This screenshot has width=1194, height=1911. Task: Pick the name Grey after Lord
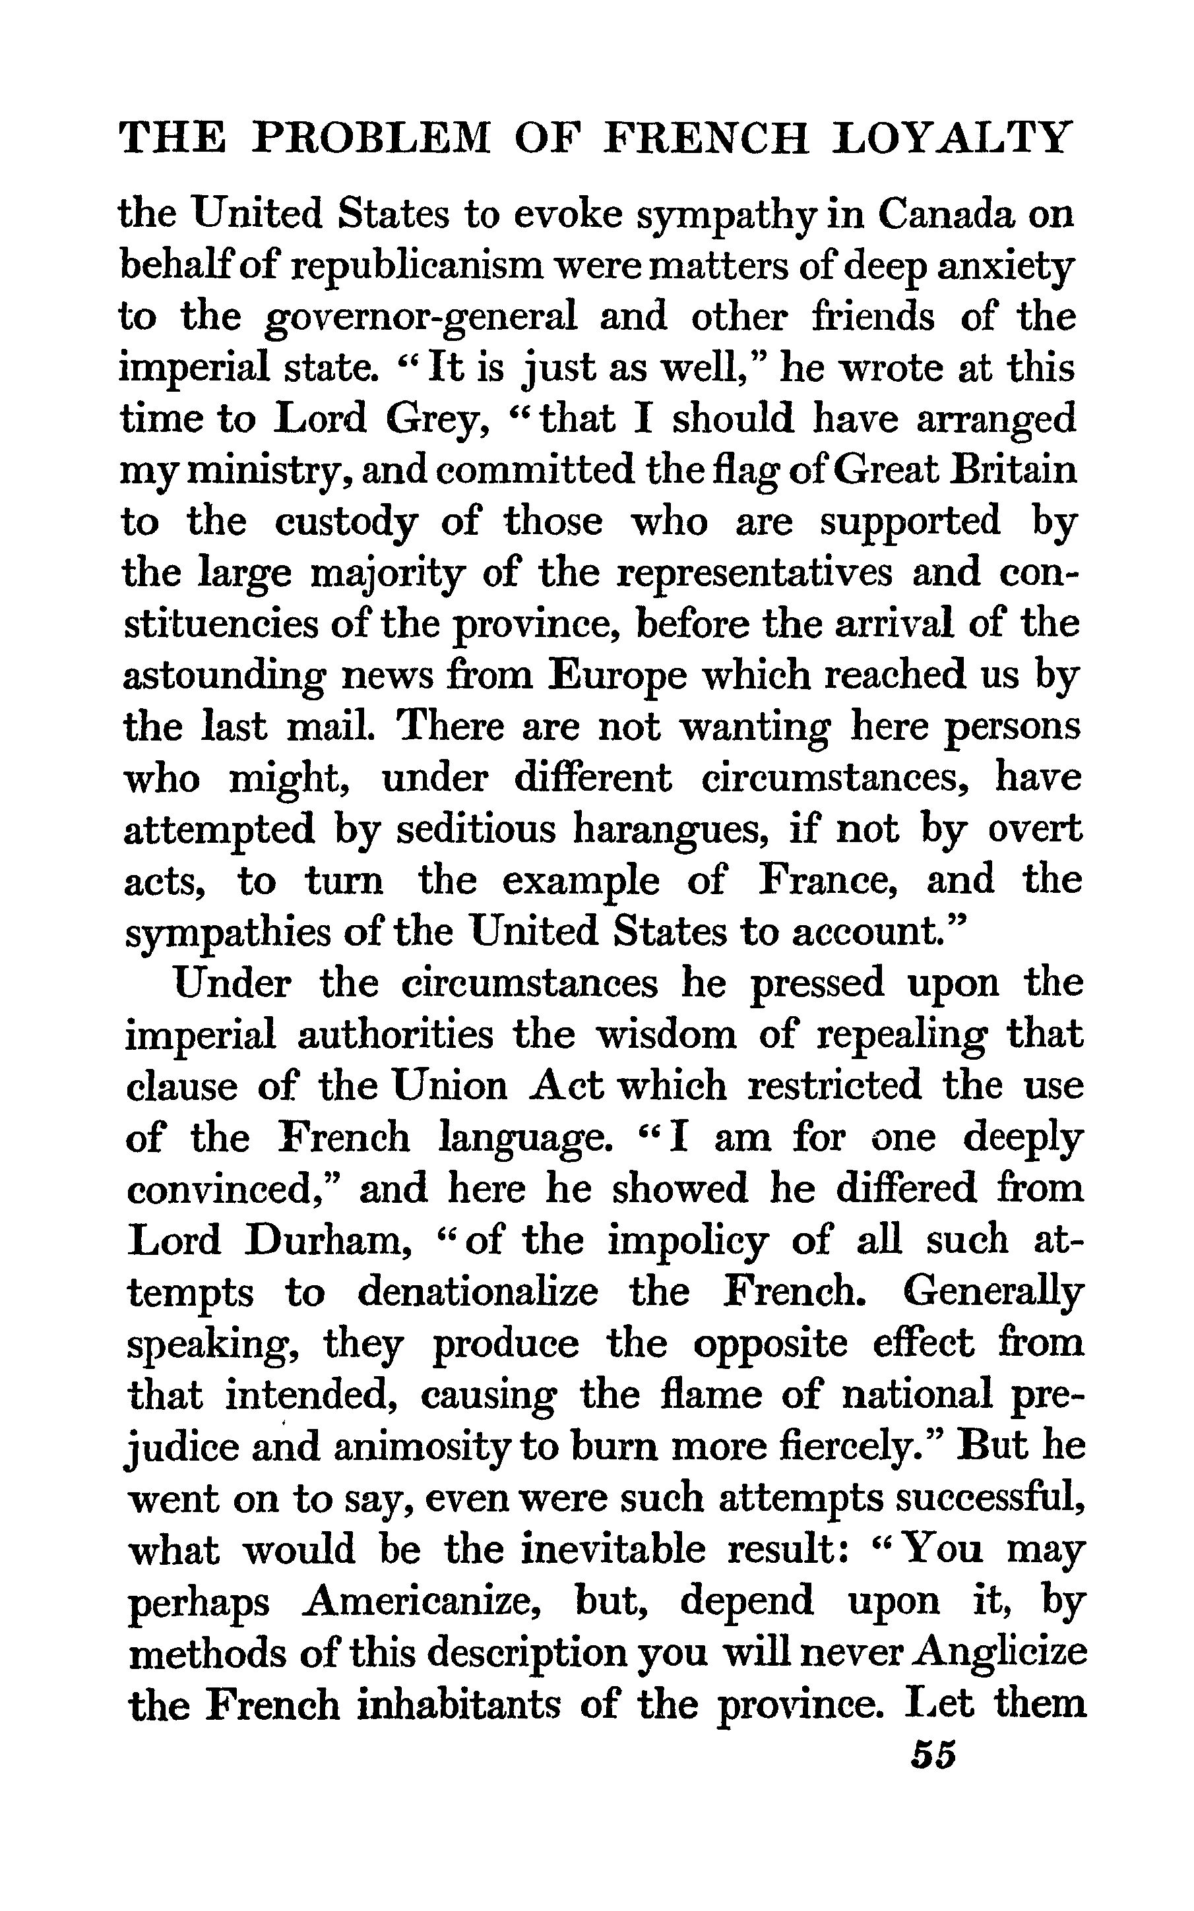[x=434, y=420]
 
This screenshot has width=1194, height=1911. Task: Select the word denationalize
[x=478, y=1292]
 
